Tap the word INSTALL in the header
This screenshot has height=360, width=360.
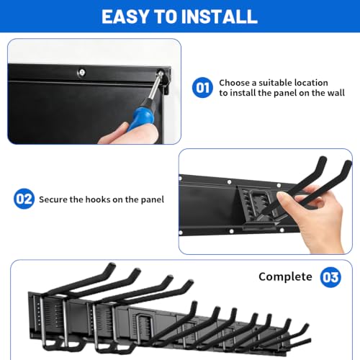(220, 17)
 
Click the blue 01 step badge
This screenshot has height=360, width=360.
(202, 88)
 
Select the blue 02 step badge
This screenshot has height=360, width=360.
(24, 199)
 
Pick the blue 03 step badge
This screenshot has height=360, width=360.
(330, 277)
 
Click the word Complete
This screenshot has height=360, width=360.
(285, 277)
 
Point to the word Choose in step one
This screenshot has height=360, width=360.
(234, 83)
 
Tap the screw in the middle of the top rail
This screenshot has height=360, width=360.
(82, 72)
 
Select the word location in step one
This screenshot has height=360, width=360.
(311, 83)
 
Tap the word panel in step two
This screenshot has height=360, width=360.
(153, 200)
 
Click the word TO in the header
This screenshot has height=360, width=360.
(165, 17)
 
